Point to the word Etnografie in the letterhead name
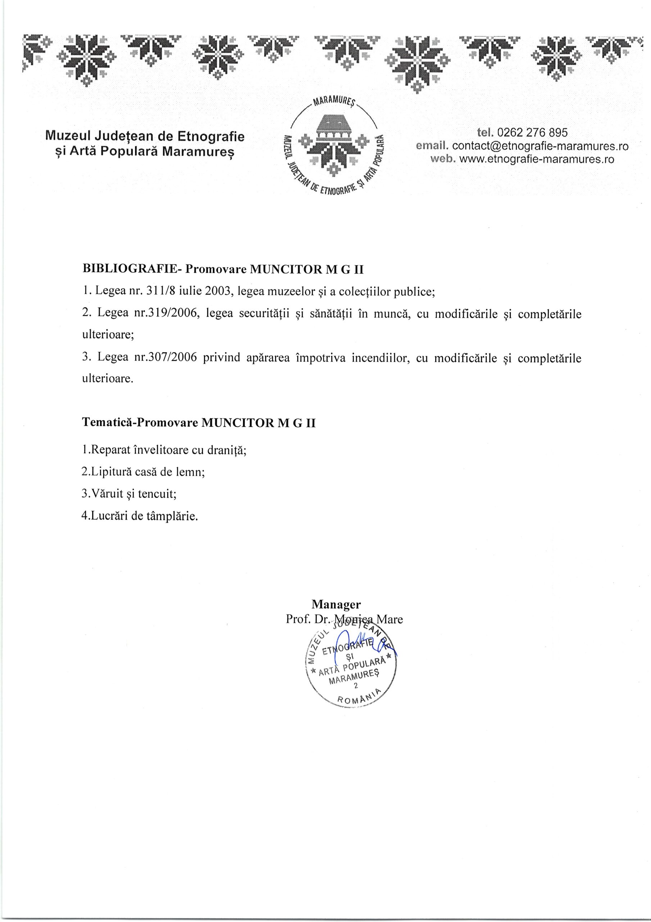[210, 137]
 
